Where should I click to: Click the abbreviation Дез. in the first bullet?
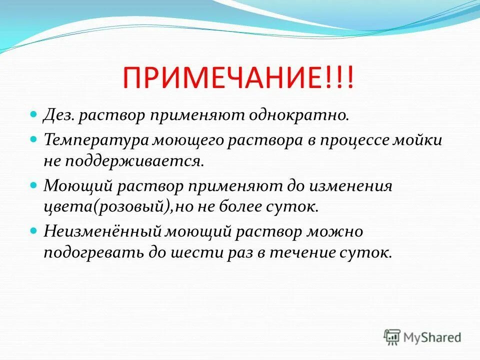click(x=59, y=116)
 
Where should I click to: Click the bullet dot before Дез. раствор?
click(x=34, y=115)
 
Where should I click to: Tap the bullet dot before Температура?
click(x=34, y=138)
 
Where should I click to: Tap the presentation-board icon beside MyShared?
click(x=392, y=337)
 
